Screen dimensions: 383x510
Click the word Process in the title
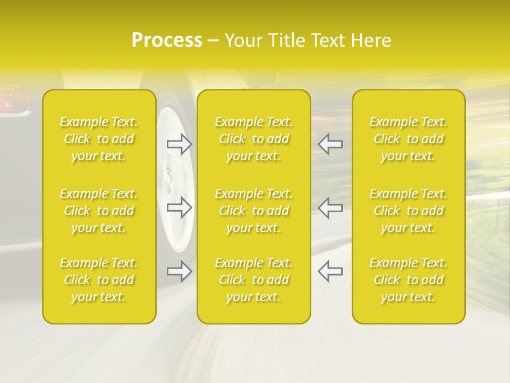[167, 40]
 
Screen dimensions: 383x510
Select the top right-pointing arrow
[179, 144]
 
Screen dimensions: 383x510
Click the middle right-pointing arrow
[179, 207]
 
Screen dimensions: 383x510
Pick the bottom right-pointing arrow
[179, 271]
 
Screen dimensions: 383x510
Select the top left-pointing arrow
[330, 144]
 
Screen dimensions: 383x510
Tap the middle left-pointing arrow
[330, 207]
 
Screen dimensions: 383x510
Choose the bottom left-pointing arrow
[330, 271]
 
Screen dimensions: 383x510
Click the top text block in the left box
[99, 139]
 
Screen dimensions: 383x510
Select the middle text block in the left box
[99, 211]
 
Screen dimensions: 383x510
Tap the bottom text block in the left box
[99, 280]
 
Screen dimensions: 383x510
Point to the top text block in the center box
[254, 139]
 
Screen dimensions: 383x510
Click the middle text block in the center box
[254, 211]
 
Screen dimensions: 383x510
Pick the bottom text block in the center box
[254, 280]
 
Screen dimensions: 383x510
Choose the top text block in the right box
[409, 139]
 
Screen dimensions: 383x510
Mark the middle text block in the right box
[409, 211]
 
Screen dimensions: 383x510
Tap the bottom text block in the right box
[409, 280]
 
